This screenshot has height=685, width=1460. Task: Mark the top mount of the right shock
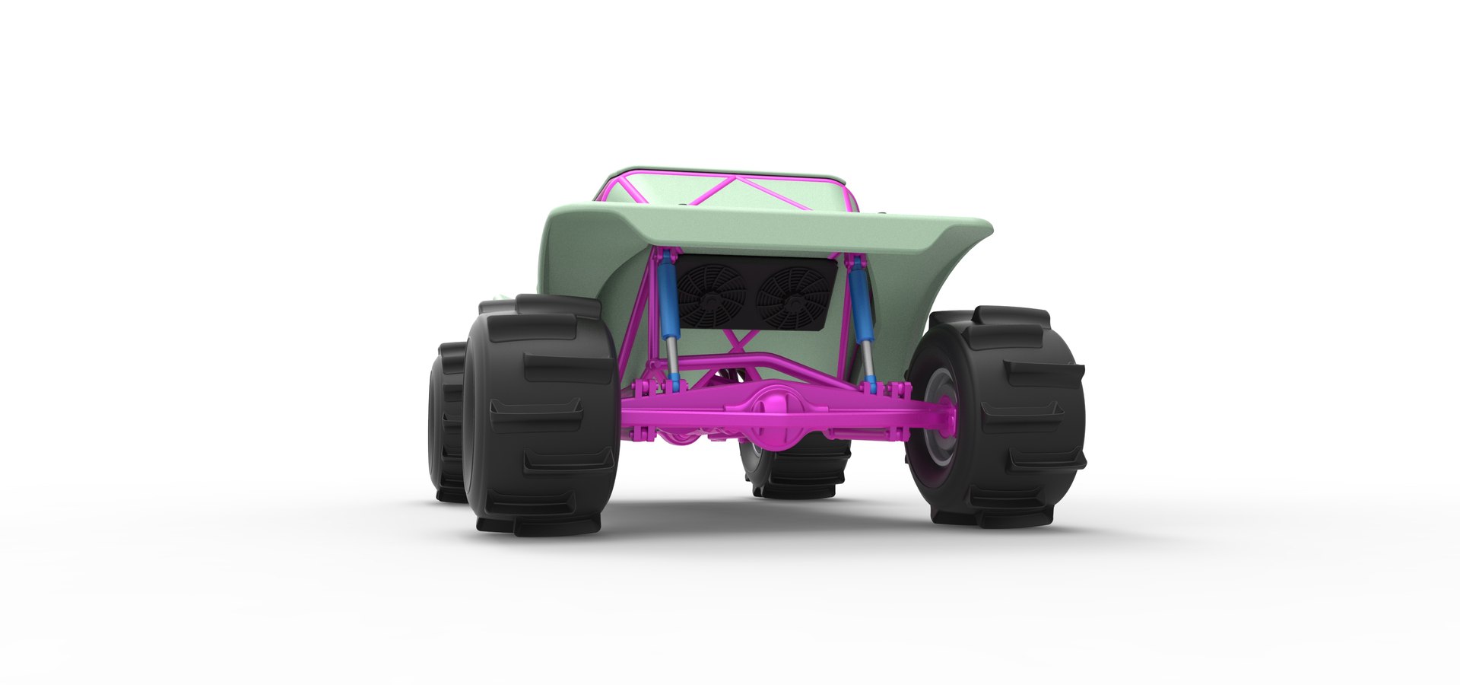click(x=852, y=263)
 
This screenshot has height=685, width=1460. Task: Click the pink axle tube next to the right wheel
click(x=897, y=416)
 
